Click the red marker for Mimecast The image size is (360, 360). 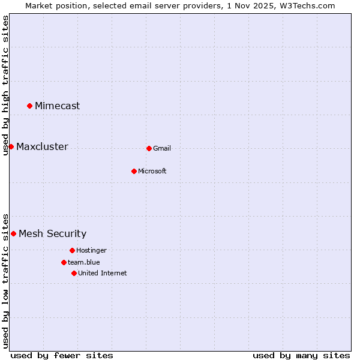click(29, 106)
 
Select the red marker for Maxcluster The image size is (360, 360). click(11, 146)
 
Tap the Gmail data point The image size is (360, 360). click(149, 148)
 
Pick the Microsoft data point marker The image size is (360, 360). click(134, 171)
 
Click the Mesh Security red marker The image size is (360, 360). click(13, 233)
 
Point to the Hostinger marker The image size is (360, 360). click(72, 250)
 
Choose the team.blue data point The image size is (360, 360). click(64, 262)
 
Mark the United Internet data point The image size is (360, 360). click(74, 273)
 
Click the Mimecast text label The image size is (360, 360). click(57, 106)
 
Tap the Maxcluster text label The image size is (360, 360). click(42, 147)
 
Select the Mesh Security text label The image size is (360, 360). click(52, 234)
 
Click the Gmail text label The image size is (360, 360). click(162, 149)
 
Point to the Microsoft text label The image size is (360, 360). click(152, 172)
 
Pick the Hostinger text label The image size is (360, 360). click(91, 251)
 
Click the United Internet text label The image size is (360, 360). click(102, 274)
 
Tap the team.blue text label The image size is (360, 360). click(84, 263)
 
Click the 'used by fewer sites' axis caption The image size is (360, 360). click(62, 355)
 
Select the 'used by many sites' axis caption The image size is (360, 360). click(301, 355)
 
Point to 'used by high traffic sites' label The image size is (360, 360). click(5, 85)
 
